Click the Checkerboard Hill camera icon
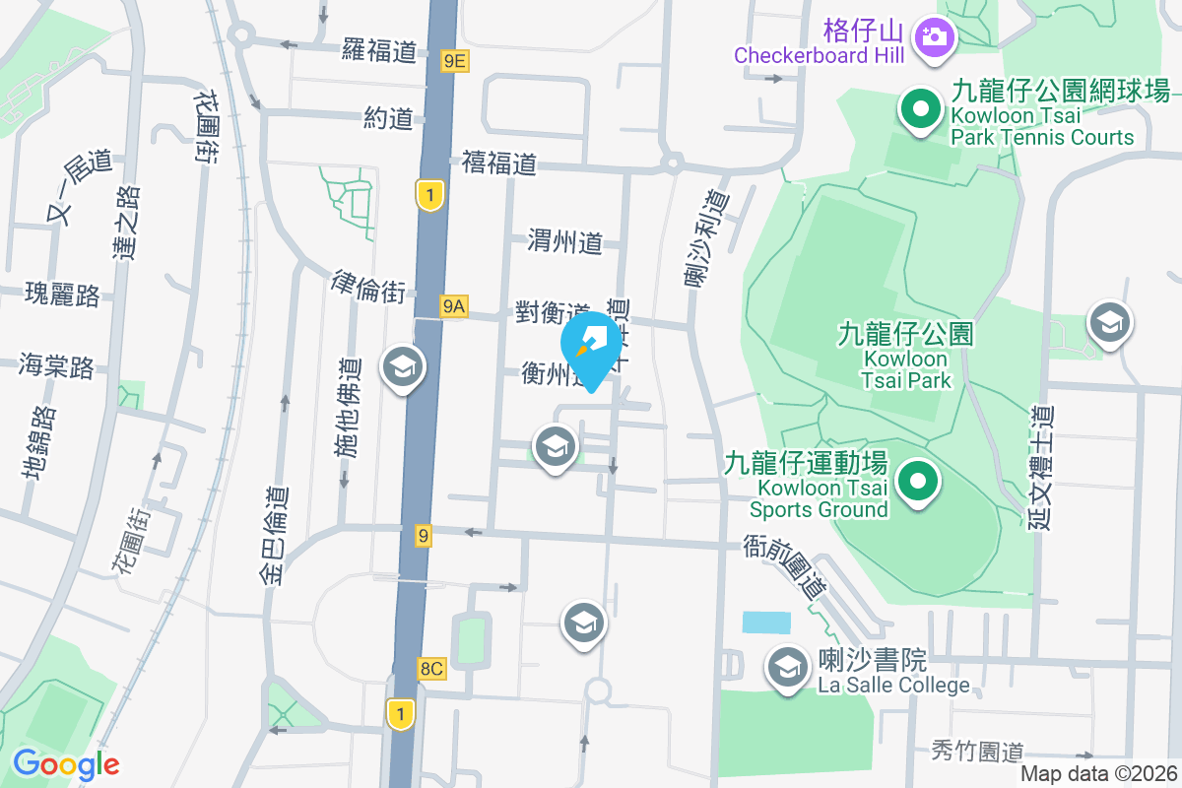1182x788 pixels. [930, 38]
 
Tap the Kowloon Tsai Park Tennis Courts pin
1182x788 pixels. [921, 111]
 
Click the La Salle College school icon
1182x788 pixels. [787, 669]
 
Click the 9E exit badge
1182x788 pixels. [454, 62]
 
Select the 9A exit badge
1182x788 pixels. [452, 307]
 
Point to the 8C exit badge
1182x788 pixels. [431, 669]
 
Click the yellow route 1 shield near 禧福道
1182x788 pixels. [428, 194]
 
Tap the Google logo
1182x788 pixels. [66, 763]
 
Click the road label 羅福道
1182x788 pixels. [380, 51]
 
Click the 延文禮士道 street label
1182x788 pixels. [1040, 468]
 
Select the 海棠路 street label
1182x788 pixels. [56, 366]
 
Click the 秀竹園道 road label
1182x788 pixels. [977, 752]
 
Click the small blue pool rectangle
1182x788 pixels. [766, 622]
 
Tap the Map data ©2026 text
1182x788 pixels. [1098, 774]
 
